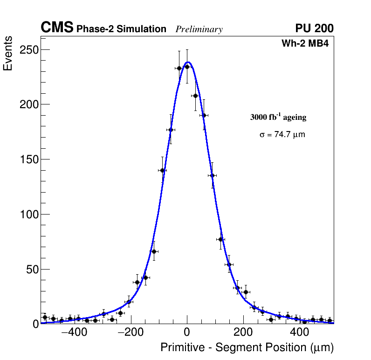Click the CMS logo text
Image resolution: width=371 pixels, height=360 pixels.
57,28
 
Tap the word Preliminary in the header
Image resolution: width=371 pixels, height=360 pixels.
199,29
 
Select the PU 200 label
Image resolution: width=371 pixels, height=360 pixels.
314,28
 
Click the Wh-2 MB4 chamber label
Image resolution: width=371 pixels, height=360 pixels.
305,44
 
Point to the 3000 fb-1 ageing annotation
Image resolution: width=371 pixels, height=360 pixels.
278,117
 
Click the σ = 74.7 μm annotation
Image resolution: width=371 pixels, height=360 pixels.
282,135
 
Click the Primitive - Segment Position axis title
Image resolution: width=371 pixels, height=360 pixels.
247,347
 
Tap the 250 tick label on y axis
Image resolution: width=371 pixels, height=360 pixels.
28,49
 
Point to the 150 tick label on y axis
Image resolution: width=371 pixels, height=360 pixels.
28,159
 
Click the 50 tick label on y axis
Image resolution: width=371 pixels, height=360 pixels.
31,270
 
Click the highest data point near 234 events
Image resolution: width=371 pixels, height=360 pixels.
187,67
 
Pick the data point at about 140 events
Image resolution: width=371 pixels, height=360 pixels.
162,170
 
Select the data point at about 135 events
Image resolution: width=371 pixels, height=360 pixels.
212,175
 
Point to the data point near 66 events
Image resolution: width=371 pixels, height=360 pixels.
154,251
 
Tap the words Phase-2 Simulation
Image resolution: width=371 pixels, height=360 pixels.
121,29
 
